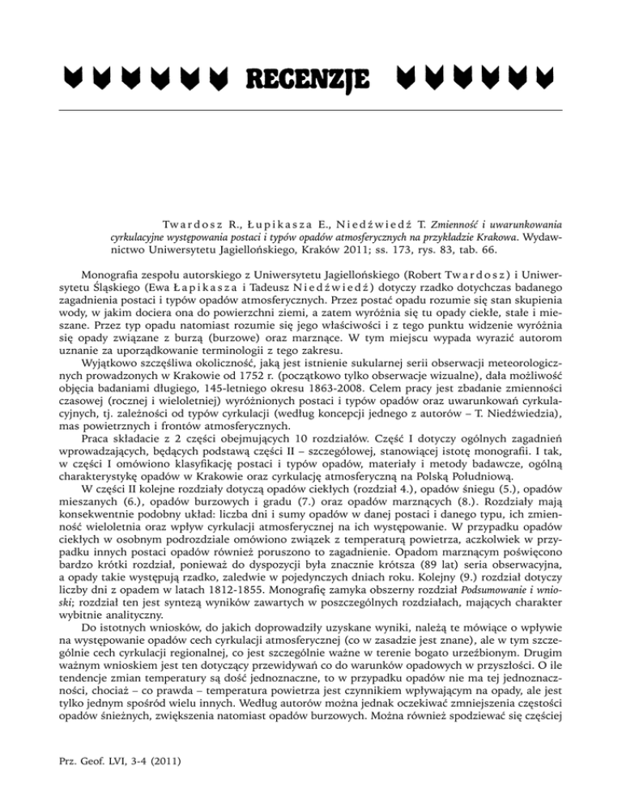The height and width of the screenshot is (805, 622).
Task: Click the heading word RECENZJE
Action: (301, 79)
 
